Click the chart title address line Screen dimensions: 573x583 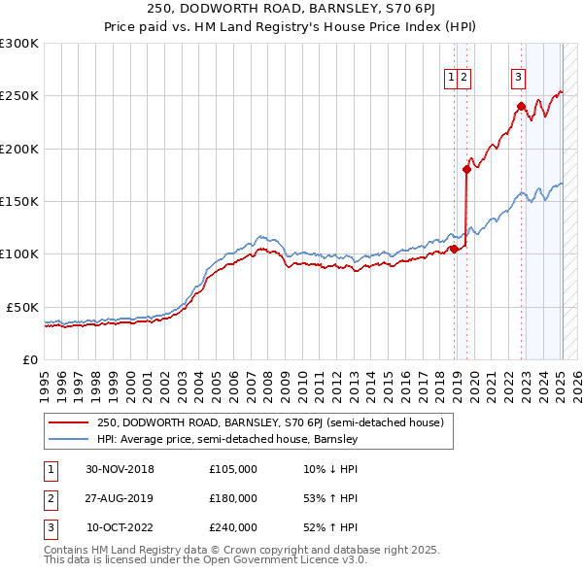coord(291,10)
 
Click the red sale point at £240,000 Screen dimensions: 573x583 coord(521,106)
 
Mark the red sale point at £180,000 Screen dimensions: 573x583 coord(466,169)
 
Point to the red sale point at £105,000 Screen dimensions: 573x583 coord(454,249)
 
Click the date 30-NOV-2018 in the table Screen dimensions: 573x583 coord(120,469)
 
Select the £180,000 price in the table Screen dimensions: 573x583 coord(233,498)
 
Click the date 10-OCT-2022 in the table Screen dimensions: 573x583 coord(120,527)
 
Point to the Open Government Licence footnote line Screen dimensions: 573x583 coord(205,560)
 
